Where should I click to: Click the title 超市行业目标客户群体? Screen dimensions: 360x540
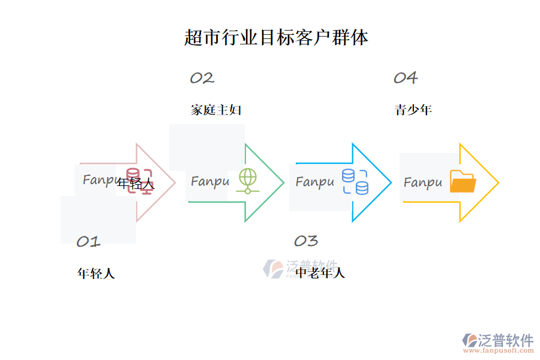(276, 38)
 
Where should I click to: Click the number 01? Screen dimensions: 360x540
(88, 242)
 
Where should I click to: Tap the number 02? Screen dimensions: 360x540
(202, 78)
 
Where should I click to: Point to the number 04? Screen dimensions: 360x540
(406, 78)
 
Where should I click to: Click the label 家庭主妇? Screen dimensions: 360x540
(216, 110)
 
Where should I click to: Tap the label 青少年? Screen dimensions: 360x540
(413, 110)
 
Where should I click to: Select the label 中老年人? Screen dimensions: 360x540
(320, 274)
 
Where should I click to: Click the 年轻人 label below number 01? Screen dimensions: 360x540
(96, 274)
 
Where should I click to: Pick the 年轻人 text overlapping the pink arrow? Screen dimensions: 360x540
(136, 184)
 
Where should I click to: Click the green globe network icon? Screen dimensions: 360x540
(247, 181)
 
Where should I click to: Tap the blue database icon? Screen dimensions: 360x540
(355, 182)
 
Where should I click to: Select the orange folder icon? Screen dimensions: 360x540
(462, 181)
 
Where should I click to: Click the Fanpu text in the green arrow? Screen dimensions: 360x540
(210, 181)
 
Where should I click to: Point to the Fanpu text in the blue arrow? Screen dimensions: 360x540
(314, 182)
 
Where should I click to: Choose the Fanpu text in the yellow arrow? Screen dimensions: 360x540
(422, 182)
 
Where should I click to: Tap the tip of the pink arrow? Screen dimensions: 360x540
(175, 182)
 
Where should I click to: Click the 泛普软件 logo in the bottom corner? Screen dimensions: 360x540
(497, 342)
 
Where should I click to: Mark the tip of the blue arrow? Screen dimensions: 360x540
(391, 182)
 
